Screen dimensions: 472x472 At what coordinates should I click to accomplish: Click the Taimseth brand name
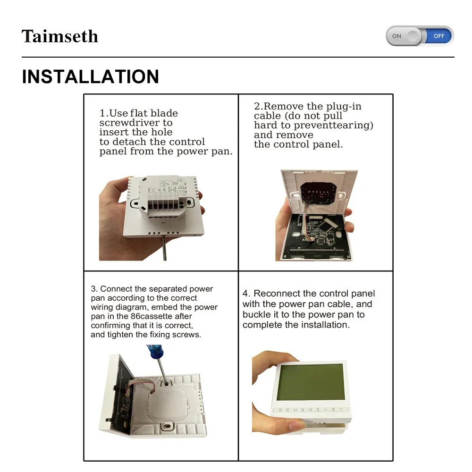pyautogui.click(x=60, y=36)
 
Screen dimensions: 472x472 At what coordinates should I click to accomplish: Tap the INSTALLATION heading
pyautogui.click(x=90, y=76)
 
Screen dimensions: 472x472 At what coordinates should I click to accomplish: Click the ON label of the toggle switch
pyautogui.click(x=397, y=36)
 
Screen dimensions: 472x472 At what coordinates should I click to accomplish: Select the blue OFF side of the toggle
pyautogui.click(x=439, y=36)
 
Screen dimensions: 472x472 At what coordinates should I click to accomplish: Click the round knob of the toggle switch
pyautogui.click(x=413, y=36)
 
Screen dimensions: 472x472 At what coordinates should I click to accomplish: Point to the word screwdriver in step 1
pyautogui.click(x=136, y=123)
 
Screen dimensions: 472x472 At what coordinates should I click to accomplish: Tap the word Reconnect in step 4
pyautogui.click(x=277, y=293)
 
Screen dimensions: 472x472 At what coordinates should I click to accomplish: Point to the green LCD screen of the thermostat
pyautogui.click(x=311, y=381)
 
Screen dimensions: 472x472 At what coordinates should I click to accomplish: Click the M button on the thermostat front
pyautogui.click(x=295, y=410)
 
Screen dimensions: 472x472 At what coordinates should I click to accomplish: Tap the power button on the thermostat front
pyautogui.click(x=280, y=410)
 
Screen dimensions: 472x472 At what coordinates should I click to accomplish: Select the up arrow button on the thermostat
pyautogui.click(x=326, y=410)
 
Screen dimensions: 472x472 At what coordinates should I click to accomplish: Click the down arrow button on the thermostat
pyautogui.click(x=341, y=409)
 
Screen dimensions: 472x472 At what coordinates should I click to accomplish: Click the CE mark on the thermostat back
pyautogui.click(x=180, y=180)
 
